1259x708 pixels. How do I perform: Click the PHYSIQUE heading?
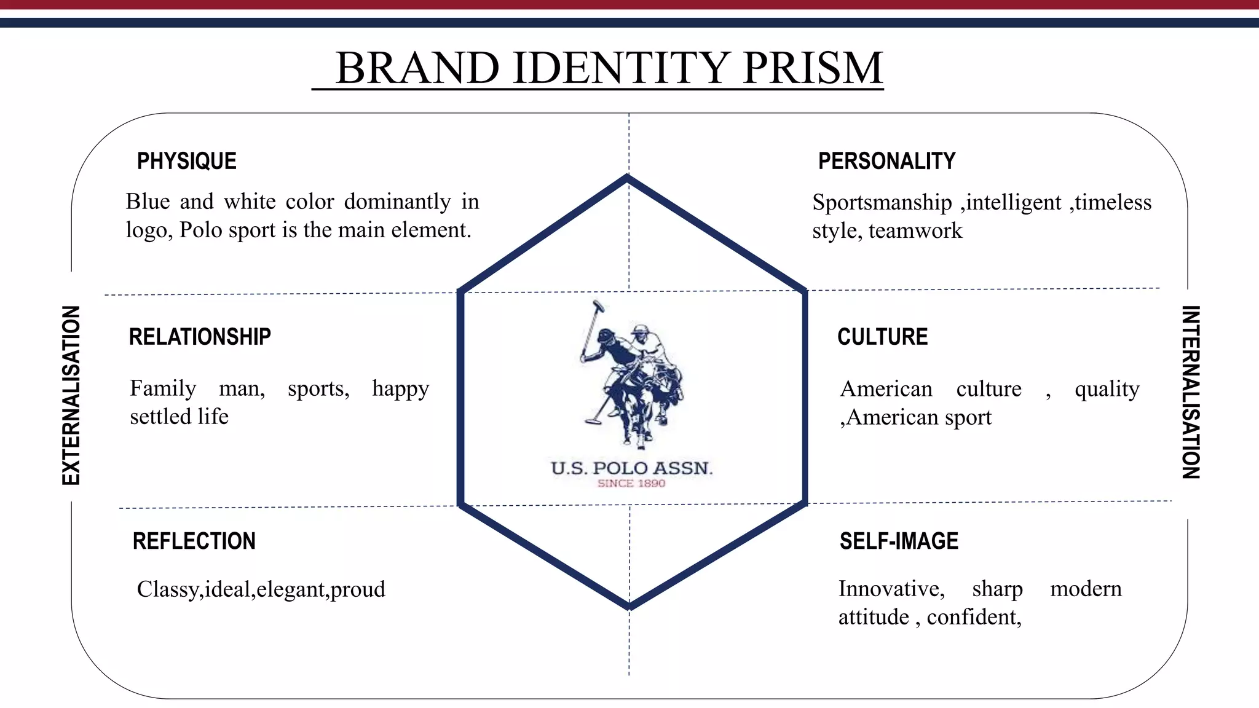(x=186, y=161)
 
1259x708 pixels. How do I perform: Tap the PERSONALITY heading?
(x=886, y=161)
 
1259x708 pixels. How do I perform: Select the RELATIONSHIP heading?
(x=200, y=337)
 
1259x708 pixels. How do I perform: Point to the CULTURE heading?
(x=882, y=337)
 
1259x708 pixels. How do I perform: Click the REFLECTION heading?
(x=194, y=541)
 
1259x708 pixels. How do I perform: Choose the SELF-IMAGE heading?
(x=899, y=541)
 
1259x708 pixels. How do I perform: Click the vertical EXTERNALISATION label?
(x=71, y=395)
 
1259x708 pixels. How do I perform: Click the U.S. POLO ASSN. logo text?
(x=631, y=468)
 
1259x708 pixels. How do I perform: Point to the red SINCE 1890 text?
(x=631, y=484)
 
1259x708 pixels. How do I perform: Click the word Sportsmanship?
(x=882, y=202)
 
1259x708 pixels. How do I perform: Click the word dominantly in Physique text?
(x=397, y=202)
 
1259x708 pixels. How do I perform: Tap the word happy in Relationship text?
(x=400, y=389)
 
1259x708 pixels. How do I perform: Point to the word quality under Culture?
(x=1107, y=389)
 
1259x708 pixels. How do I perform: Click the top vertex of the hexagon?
(x=627, y=178)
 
